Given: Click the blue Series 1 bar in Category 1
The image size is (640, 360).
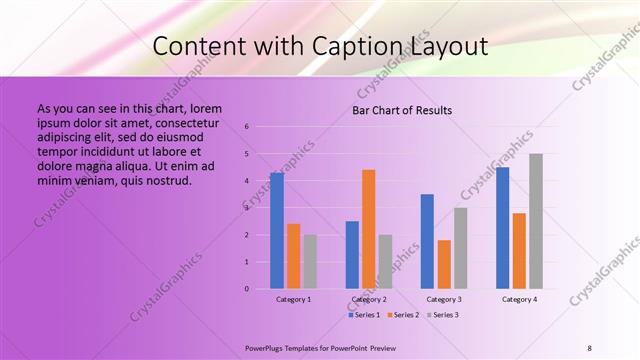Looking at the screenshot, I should tap(277, 231).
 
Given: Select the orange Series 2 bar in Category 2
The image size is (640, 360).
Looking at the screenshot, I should tap(369, 229).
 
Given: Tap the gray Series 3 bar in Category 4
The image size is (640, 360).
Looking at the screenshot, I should tap(536, 221).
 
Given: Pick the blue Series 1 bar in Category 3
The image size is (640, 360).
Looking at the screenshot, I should tap(427, 241).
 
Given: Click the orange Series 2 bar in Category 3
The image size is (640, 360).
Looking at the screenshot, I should tap(444, 264).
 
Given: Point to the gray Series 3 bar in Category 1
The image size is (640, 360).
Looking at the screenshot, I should tap(310, 262).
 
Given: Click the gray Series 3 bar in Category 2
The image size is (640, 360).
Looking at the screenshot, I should tap(385, 262).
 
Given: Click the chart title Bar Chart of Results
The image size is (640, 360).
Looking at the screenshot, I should tap(402, 110).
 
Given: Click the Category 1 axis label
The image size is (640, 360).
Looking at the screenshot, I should tap(293, 299).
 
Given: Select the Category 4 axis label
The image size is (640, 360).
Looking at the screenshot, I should tap(519, 299).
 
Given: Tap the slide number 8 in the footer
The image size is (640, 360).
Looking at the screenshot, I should tap(590, 347).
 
